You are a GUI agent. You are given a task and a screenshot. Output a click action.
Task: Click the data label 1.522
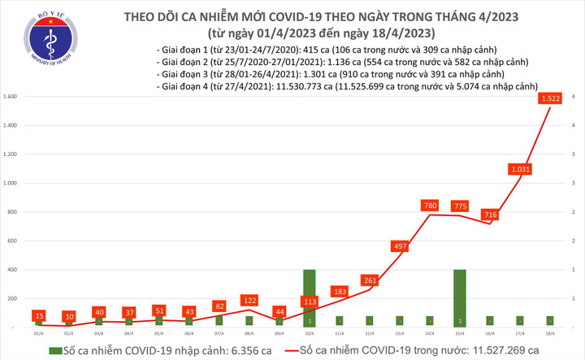coord(557,99)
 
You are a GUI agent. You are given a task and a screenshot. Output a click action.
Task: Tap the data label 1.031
coord(520,169)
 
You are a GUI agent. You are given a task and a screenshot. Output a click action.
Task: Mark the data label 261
coord(370,280)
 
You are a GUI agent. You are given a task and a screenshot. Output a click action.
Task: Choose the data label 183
coord(339,291)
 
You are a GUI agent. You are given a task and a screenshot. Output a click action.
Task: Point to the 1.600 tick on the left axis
coord(11,97)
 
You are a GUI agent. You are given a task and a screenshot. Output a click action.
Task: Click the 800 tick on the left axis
coord(14,212)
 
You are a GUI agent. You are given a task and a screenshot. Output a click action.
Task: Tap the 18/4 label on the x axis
coord(551,333)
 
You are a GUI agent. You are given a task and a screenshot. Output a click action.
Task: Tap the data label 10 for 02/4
coord(69,315)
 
